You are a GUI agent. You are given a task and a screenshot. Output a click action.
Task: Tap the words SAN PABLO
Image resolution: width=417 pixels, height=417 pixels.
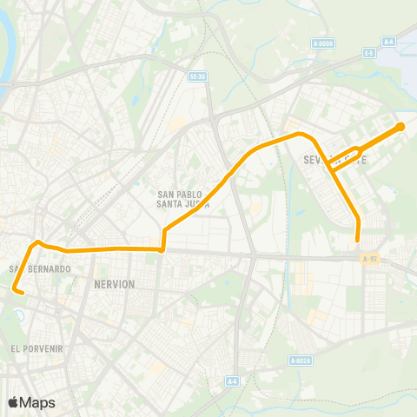(180, 195)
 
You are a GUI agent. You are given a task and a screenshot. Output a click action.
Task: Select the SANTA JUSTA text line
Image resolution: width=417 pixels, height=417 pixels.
(180, 205)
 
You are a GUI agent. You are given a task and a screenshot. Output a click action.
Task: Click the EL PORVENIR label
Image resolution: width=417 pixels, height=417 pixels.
(36, 347)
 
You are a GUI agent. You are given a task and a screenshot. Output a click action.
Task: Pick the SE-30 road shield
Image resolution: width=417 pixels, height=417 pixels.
(197, 76)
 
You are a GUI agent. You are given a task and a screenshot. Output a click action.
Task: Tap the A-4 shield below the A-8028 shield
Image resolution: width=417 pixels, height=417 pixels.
(232, 380)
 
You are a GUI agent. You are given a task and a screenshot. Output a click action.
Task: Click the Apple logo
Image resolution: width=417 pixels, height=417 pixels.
(13, 402)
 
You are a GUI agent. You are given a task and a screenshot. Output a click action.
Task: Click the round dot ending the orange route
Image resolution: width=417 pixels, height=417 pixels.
(400, 128)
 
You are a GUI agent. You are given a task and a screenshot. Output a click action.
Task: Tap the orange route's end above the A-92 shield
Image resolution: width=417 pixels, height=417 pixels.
(358, 241)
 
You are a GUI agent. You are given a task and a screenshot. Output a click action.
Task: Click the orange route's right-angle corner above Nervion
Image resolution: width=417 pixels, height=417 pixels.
(162, 249)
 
